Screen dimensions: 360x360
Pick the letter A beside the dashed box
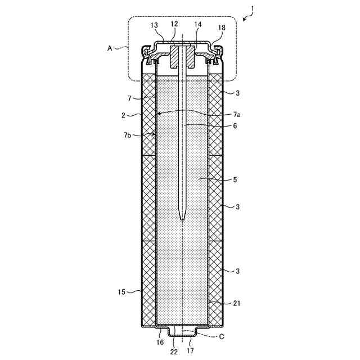click(110, 48)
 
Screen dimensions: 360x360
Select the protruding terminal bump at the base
click(183, 332)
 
